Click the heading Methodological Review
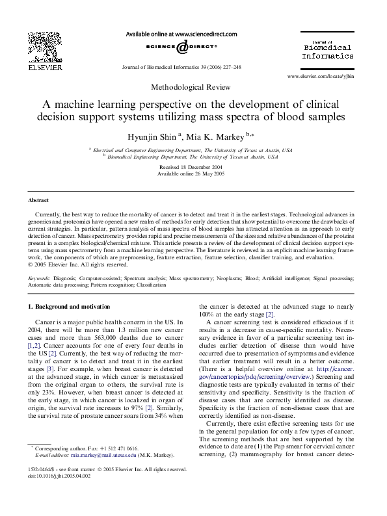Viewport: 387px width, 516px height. pyautogui.click(x=193, y=86)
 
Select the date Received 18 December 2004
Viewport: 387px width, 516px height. pyautogui.click(x=193, y=167)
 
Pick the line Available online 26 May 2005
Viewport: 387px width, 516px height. pyautogui.click(x=193, y=174)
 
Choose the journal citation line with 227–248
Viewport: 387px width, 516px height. pyautogui.click(x=174, y=67)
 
